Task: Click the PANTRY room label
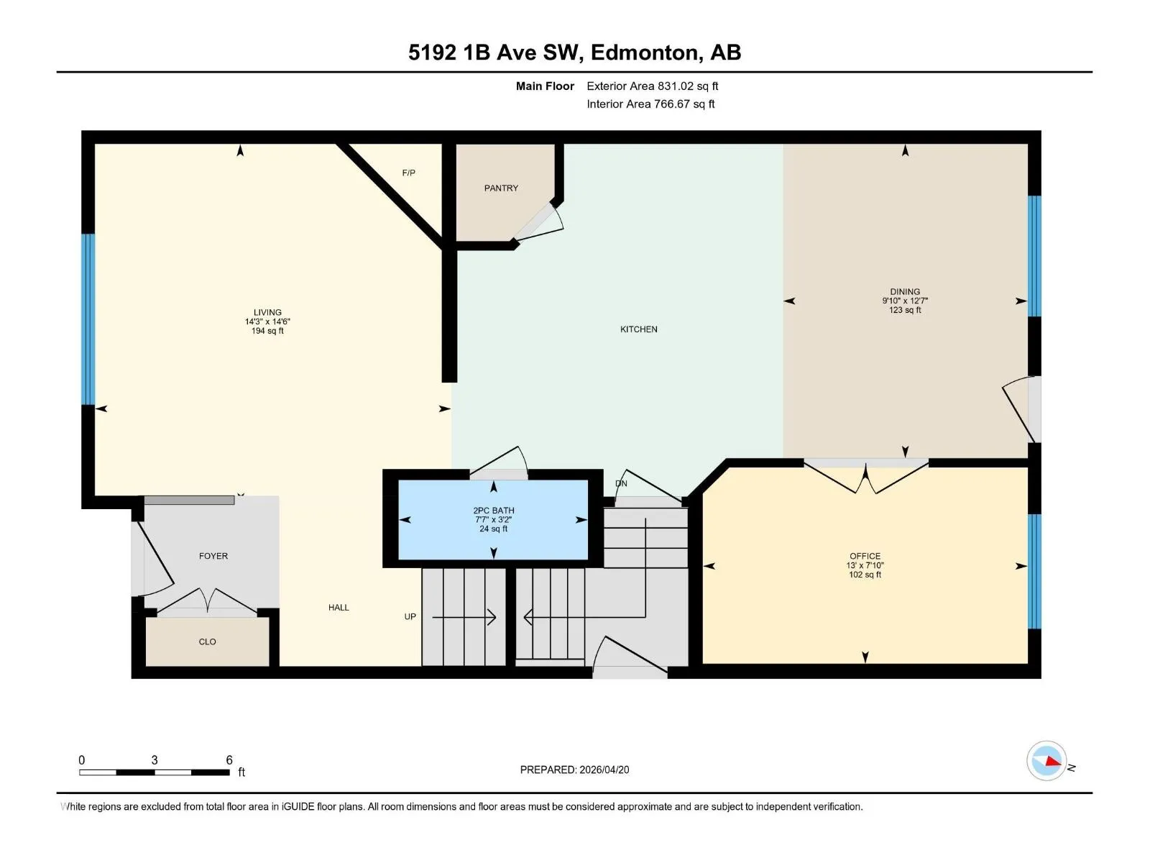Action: click(x=501, y=188)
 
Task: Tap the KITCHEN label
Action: click(x=639, y=329)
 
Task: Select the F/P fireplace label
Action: click(x=409, y=173)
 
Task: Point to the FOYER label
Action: click(x=213, y=556)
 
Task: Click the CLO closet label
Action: click(x=208, y=641)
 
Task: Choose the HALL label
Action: click(x=339, y=607)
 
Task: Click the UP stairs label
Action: click(x=410, y=617)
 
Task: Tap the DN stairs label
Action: click(x=621, y=483)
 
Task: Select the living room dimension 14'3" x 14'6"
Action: click(x=267, y=321)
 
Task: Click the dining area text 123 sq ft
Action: click(x=905, y=310)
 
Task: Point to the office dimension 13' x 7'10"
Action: click(x=865, y=565)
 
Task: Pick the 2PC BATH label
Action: click(x=494, y=511)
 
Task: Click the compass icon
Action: click(x=1046, y=761)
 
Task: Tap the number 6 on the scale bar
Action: click(x=229, y=759)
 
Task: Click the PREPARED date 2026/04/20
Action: click(x=604, y=770)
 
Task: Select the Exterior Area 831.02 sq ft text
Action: click(x=653, y=86)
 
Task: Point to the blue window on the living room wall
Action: click(x=88, y=319)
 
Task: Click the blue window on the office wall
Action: click(x=1034, y=571)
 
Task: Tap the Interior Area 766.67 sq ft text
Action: click(x=650, y=104)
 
